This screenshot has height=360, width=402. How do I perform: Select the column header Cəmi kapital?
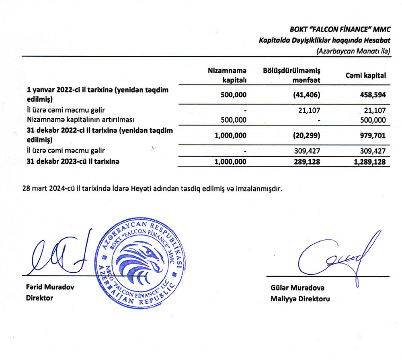point(366,75)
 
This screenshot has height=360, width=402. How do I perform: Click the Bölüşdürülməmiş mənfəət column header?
point(291,75)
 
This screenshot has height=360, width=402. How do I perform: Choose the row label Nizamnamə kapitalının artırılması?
point(80,119)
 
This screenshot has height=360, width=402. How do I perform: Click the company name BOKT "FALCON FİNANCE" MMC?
point(340,29)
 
